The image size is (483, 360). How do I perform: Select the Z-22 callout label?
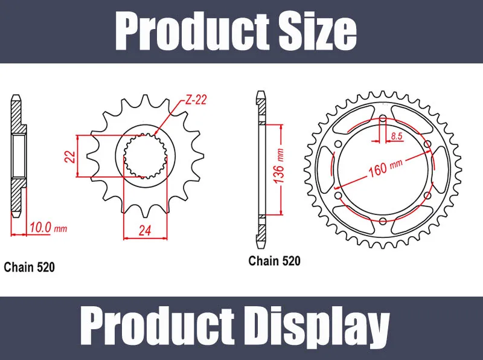pos(195,100)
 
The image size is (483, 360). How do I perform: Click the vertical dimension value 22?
pos(70,156)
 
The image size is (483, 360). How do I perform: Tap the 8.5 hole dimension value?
pos(397,137)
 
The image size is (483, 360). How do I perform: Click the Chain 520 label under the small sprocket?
pos(30,266)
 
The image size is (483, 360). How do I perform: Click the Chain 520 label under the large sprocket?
pos(274,261)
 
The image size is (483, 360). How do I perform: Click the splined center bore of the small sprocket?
pos(143,156)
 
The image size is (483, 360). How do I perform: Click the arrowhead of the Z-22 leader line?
pos(155,134)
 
